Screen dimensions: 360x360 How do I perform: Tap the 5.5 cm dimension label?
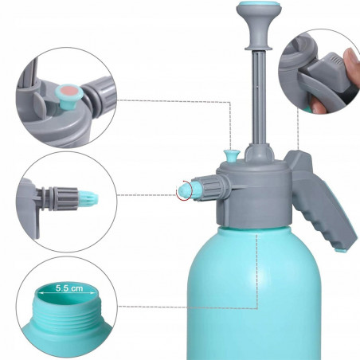69,288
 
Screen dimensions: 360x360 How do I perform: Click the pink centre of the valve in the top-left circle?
70,92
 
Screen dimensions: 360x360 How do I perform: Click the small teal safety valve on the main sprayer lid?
232,155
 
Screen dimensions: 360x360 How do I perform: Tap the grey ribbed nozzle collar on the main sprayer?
209,188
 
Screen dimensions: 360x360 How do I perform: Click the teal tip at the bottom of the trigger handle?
341,250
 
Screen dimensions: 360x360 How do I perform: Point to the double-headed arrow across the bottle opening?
66,293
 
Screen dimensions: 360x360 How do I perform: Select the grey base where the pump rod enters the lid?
259,153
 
